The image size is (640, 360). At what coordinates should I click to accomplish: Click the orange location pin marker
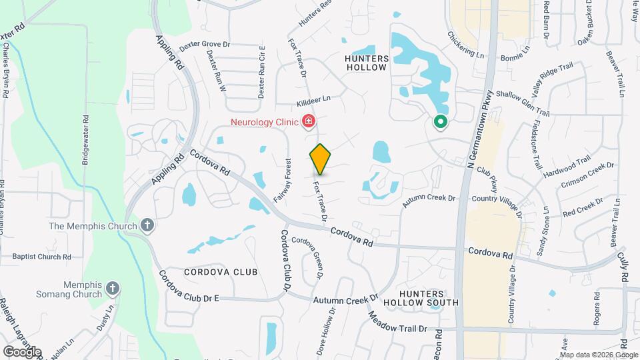point(320,159)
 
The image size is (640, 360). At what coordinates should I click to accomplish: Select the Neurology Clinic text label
point(264,122)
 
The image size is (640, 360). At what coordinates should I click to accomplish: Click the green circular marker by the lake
point(440,122)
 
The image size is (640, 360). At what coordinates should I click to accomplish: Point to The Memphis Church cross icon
point(147,225)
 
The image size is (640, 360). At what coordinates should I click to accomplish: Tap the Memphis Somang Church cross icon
point(113,289)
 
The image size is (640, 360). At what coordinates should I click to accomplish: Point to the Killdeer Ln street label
point(313,101)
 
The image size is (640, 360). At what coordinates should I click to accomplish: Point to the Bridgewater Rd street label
point(85,138)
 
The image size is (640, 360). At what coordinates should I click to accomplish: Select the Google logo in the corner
point(21,351)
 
